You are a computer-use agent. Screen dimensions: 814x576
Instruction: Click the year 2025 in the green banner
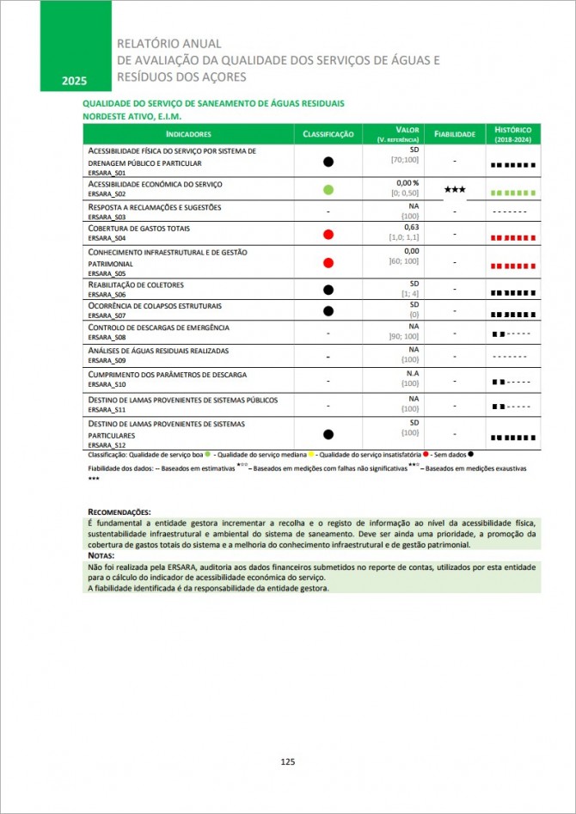tap(74, 81)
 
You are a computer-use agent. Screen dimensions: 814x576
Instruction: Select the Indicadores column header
tap(188, 134)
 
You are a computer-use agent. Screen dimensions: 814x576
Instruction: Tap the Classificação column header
tap(328, 134)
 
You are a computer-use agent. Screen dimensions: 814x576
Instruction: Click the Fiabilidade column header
tap(455, 134)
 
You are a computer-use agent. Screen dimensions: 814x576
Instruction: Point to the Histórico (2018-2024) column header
tap(513, 133)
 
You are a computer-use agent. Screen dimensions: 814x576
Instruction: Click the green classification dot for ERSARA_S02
tap(328, 189)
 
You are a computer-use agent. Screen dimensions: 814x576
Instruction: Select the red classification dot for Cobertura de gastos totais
tap(328, 235)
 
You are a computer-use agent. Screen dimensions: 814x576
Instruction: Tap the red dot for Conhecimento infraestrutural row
tap(328, 262)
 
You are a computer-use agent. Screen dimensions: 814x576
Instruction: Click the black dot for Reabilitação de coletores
tap(328, 289)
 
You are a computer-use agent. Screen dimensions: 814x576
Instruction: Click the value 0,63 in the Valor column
tap(411, 228)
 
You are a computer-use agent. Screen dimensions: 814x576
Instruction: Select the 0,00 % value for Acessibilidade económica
tap(407, 183)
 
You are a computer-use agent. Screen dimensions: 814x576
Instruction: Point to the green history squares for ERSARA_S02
tap(513, 193)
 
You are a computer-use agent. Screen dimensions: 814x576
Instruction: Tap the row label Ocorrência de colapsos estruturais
tap(155, 305)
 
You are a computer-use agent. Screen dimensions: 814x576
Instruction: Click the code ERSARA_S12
tap(107, 445)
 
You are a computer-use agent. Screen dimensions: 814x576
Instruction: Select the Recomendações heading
tap(119, 511)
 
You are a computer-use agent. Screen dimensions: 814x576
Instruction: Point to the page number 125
tap(288, 762)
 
